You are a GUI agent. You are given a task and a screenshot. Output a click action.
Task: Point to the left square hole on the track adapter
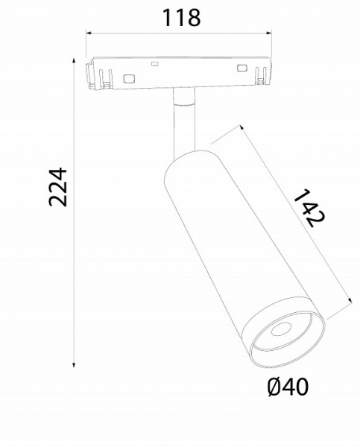tap(129, 77)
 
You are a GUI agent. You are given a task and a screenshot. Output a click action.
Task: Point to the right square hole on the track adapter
tap(241, 69)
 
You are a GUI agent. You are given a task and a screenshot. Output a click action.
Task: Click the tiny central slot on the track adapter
tap(155, 64)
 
